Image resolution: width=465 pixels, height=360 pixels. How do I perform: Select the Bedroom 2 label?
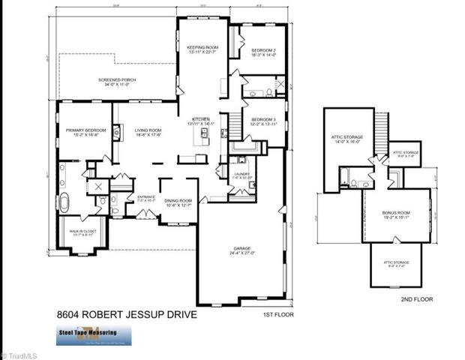coord(262,51)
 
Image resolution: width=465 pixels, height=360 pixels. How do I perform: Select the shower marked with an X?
coord(98,186)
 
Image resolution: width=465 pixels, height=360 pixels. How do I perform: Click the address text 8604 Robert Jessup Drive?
coord(127,315)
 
